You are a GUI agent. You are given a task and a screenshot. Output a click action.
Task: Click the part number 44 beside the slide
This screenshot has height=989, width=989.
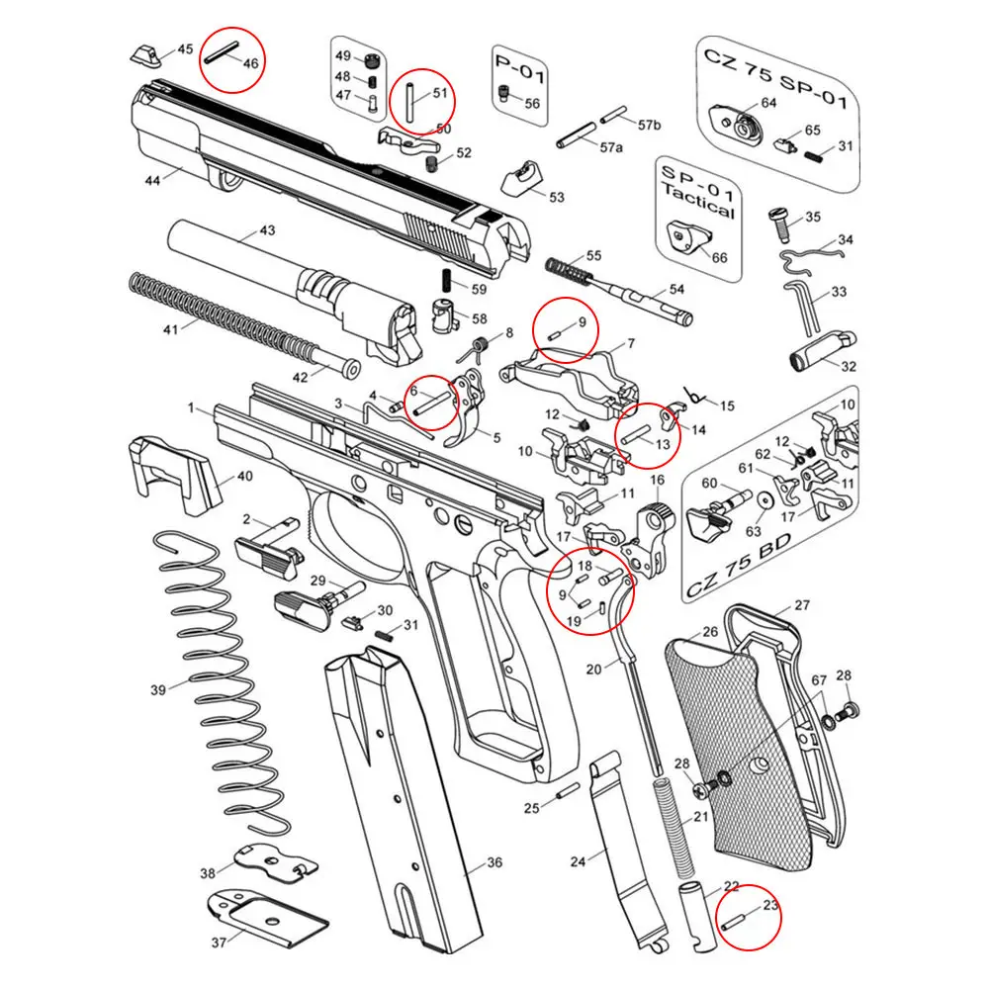pos(151,180)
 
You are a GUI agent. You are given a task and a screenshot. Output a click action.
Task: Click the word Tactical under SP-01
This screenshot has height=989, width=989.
pos(698,209)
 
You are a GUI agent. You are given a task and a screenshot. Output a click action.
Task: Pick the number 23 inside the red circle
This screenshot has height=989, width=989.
pos(771,903)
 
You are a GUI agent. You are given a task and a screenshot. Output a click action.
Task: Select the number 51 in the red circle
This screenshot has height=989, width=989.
pos(439,93)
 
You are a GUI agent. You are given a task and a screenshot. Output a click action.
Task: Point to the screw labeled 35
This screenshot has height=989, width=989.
pos(779,223)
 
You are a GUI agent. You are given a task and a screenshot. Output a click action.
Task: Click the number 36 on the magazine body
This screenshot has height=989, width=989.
pos(494,863)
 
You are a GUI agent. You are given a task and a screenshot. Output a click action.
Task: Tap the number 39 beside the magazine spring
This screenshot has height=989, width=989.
pos(158,689)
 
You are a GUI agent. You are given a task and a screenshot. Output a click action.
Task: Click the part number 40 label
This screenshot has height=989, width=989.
pos(243,477)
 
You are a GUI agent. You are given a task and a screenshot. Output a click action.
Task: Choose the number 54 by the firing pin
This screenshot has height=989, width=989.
pos(676,290)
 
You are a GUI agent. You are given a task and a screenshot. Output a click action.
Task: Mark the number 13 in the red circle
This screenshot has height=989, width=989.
pos(663,445)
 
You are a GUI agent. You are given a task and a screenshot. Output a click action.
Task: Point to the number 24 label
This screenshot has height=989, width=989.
pos(579,860)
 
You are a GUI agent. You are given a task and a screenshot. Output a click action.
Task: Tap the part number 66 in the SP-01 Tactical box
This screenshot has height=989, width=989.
pos(719,257)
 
